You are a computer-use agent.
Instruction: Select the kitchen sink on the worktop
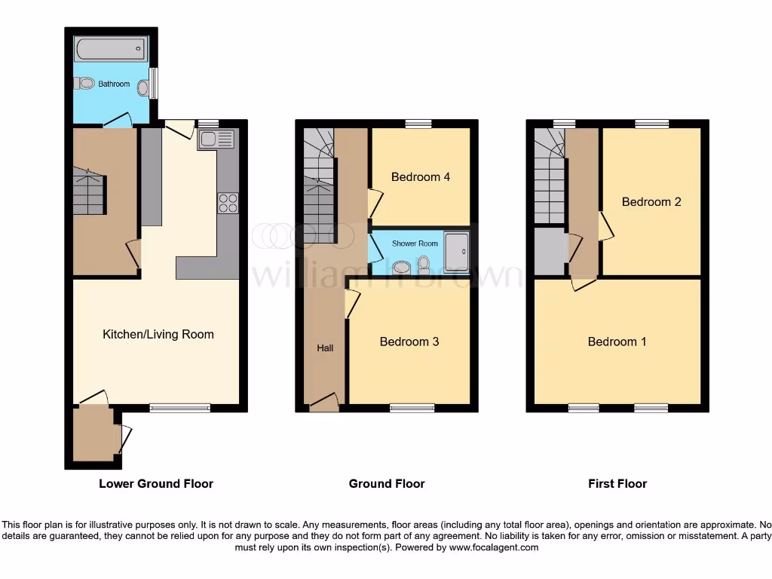click(x=217, y=139)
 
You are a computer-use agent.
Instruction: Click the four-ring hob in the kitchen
click(x=227, y=203)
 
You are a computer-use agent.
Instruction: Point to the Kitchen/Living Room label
click(x=158, y=334)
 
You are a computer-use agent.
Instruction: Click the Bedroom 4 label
click(x=420, y=177)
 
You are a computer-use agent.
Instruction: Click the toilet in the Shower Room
click(x=424, y=263)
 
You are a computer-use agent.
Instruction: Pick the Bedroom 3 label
click(x=409, y=342)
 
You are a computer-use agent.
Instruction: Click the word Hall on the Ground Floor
click(x=325, y=348)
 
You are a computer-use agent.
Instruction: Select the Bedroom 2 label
click(x=651, y=201)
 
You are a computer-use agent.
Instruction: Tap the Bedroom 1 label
click(x=617, y=342)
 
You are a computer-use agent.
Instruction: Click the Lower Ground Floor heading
click(x=156, y=483)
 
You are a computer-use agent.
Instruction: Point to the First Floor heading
click(x=617, y=483)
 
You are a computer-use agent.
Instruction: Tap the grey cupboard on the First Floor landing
click(x=550, y=252)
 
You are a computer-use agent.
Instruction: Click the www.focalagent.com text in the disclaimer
click(x=493, y=547)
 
